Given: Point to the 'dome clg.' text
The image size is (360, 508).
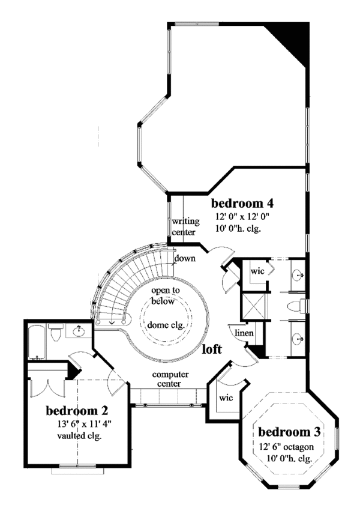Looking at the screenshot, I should tap(163, 325).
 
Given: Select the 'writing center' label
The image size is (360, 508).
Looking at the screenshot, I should tap(185, 227).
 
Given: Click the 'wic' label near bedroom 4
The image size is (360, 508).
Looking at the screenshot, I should tap(257, 271).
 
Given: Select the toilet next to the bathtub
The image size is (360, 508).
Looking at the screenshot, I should tap(55, 332).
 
